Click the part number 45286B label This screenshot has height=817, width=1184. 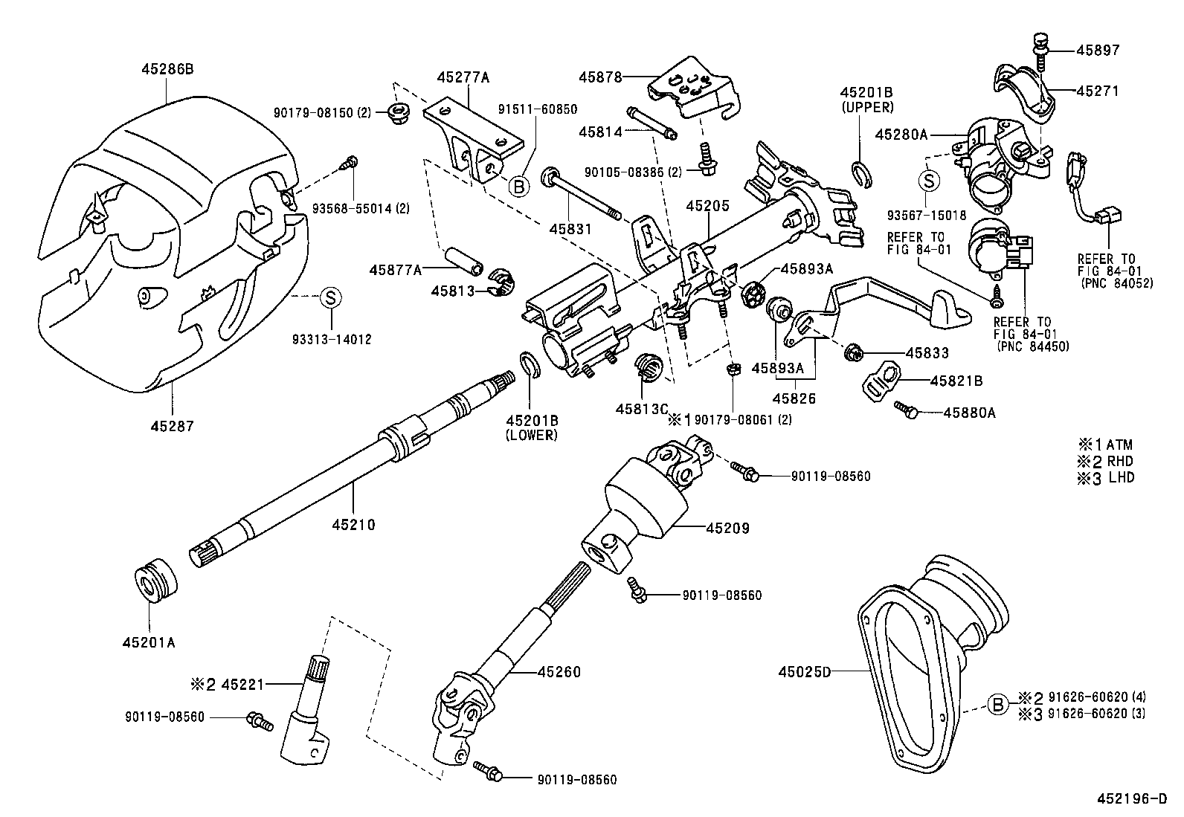pos(167,69)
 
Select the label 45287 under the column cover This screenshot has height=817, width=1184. pos(172,426)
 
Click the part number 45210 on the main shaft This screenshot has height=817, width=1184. pos(353,525)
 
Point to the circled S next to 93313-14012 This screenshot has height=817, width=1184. pos(330,297)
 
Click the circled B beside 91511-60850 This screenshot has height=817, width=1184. pos(518,186)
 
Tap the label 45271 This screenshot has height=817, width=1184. pos(1097,91)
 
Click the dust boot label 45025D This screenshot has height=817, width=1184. pos(804,672)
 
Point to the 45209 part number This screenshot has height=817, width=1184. pos(727,529)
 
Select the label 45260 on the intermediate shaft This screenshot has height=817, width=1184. pos(559,672)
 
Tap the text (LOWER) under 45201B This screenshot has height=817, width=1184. pos(531,435)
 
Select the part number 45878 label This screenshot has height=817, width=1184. pos(601,76)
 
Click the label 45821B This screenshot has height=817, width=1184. pos(956,381)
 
